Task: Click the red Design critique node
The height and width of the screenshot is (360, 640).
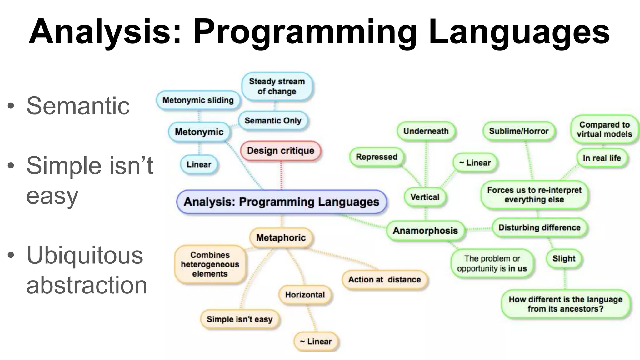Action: click(280, 151)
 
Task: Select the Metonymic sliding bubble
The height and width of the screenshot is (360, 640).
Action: click(198, 100)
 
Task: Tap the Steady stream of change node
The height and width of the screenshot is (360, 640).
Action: click(277, 87)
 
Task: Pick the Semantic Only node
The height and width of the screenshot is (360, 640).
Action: click(273, 121)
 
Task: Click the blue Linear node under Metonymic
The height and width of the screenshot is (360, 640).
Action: click(199, 164)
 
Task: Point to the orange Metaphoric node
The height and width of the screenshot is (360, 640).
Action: click(281, 238)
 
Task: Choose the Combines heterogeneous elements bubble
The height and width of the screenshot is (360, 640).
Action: click(210, 264)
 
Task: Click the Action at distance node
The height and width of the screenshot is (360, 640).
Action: click(384, 280)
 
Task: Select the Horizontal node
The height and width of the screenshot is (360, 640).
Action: click(305, 295)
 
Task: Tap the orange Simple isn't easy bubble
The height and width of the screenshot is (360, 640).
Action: click(240, 319)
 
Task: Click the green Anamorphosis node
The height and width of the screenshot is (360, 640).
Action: click(425, 231)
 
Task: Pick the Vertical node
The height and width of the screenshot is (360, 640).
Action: click(425, 197)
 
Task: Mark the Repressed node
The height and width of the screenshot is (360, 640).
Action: click(377, 157)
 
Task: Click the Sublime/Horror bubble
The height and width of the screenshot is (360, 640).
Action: click(519, 131)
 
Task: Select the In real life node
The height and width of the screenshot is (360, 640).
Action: click(602, 158)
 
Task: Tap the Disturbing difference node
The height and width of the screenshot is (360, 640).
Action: click(539, 227)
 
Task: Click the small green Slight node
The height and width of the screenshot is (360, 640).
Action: click(564, 259)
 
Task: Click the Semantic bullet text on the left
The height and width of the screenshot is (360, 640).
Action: click(78, 106)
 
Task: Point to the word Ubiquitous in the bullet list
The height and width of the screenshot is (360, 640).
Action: click(85, 255)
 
